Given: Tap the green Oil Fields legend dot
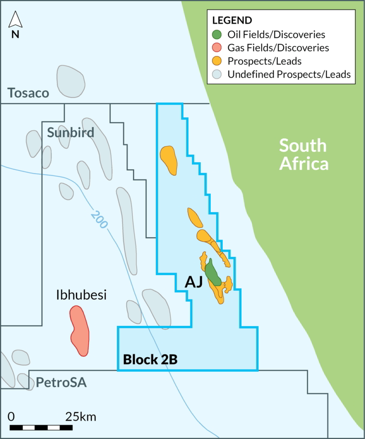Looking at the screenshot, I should point(218,34).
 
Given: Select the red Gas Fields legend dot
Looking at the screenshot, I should point(218,48).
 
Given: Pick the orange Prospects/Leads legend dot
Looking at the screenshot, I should point(218,61).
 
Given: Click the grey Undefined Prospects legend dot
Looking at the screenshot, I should point(218,74).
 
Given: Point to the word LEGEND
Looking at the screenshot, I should point(232,21).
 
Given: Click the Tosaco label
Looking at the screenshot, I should point(28,93).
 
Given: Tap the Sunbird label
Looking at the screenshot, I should point(70,132).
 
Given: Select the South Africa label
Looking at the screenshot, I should point(303,154).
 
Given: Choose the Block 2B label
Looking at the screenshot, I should point(150,359).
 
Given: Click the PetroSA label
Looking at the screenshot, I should point(61,382).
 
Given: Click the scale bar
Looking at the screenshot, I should point(41,427).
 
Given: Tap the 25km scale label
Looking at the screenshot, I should point(81,416).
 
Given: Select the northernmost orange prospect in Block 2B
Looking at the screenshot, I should point(169,160).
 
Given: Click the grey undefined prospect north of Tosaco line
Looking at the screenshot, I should point(71,81).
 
